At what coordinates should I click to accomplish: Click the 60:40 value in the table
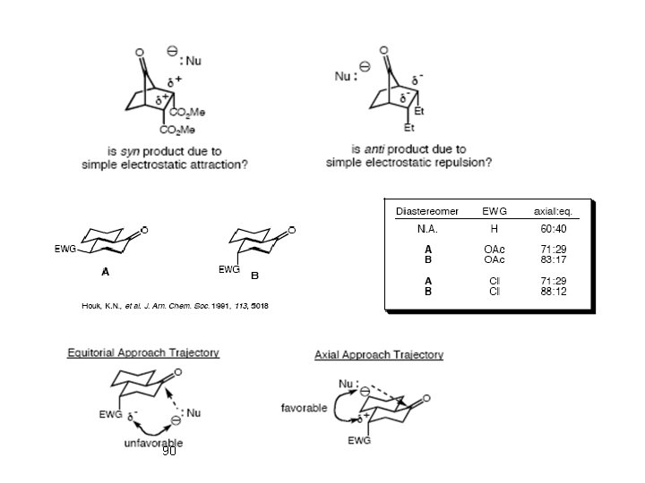click(x=553, y=230)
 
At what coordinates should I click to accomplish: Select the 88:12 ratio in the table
click(x=553, y=291)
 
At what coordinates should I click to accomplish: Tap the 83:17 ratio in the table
click(x=553, y=259)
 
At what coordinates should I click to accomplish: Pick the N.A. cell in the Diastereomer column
click(x=427, y=230)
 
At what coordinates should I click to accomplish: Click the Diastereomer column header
click(x=427, y=211)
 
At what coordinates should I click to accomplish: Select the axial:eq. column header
click(x=553, y=211)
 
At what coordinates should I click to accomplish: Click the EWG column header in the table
click(x=494, y=211)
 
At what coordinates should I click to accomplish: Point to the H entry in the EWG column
click(x=494, y=230)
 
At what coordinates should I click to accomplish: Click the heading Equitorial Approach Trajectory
click(x=143, y=352)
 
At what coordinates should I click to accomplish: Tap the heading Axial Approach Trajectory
click(x=379, y=355)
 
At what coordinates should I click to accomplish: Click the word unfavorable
click(x=155, y=442)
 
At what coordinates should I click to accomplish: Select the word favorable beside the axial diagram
click(x=304, y=408)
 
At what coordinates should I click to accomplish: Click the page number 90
click(x=169, y=452)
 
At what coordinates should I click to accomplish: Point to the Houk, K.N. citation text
click(x=175, y=306)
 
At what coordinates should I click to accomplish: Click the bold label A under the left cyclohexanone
click(x=105, y=272)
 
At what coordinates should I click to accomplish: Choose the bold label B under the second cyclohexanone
click(x=254, y=275)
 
